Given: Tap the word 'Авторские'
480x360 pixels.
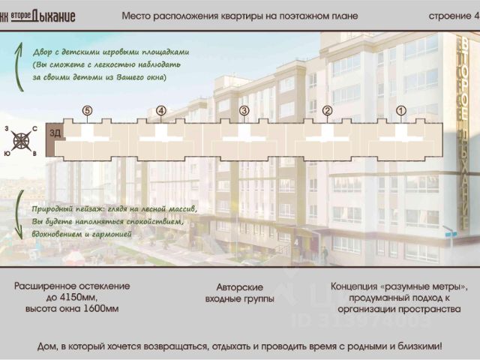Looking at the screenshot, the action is [x=239, y=287].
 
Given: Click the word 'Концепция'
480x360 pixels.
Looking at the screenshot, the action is [x=358, y=287].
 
